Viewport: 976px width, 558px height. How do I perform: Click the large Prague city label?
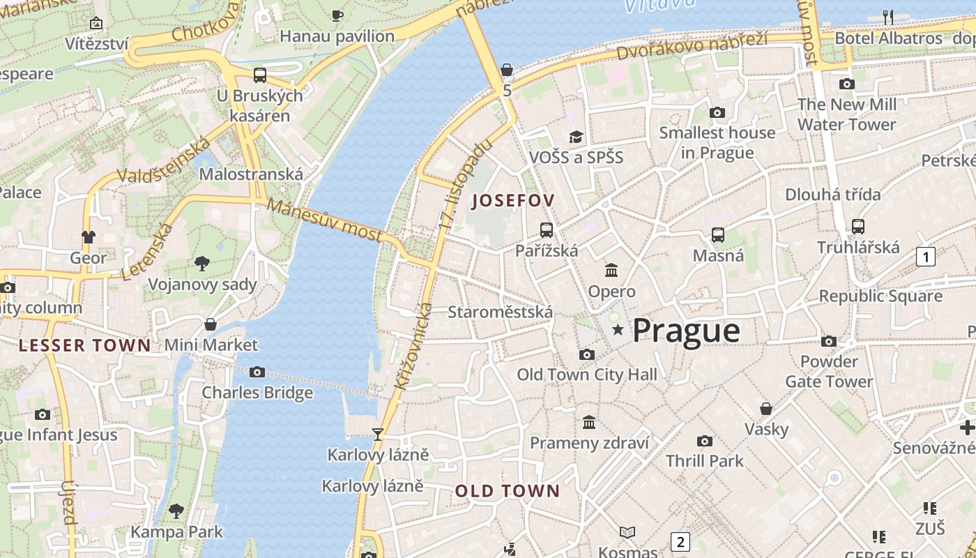pyautogui.click(x=686, y=330)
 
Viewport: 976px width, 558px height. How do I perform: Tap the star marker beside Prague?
pyautogui.click(x=618, y=329)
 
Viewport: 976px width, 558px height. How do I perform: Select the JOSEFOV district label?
pyautogui.click(x=513, y=201)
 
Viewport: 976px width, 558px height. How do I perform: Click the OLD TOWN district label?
pyautogui.click(x=508, y=491)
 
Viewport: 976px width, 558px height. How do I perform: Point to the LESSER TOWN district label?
pyautogui.click(x=84, y=345)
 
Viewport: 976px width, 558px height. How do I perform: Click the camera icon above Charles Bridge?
pyautogui.click(x=257, y=372)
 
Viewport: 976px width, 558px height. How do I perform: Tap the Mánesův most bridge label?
pyautogui.click(x=324, y=220)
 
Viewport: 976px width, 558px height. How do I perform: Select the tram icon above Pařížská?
pyautogui.click(x=547, y=229)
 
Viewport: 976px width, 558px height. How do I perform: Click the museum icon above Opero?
pyautogui.click(x=611, y=270)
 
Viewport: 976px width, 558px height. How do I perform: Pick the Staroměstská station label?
pyautogui.click(x=500, y=312)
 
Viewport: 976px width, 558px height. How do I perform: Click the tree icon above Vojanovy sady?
pyautogui.click(x=202, y=263)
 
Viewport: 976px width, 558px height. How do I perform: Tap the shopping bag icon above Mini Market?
pyautogui.click(x=211, y=324)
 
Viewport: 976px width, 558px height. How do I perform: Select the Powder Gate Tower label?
pyautogui.click(x=829, y=371)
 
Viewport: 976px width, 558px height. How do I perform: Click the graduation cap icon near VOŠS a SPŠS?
pyautogui.click(x=576, y=137)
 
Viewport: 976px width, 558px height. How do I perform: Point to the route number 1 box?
pyautogui.click(x=925, y=257)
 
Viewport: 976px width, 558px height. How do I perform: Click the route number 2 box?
pyautogui.click(x=680, y=541)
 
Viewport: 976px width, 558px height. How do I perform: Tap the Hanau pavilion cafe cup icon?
pyautogui.click(x=337, y=15)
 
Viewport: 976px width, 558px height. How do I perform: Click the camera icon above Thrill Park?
pyautogui.click(x=704, y=441)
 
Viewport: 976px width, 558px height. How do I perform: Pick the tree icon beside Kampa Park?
pyautogui.click(x=176, y=511)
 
